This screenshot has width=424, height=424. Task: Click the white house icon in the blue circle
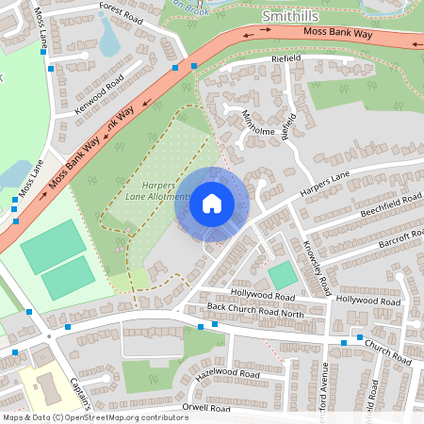click(211, 203)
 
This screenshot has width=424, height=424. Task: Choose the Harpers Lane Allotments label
click(158, 192)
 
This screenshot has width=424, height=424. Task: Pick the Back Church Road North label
click(255, 309)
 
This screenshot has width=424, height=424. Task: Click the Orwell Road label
click(206, 409)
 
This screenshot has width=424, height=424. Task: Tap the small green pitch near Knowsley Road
click(283, 275)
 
